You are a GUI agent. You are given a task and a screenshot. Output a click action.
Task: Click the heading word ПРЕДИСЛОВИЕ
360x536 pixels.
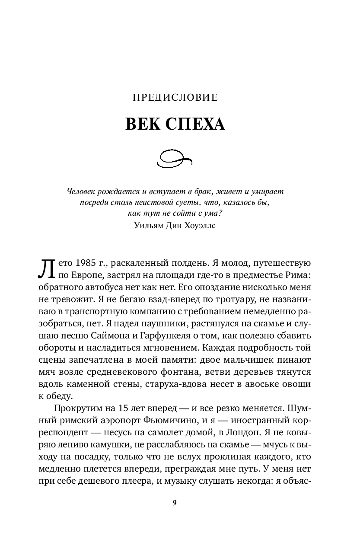click(x=175, y=98)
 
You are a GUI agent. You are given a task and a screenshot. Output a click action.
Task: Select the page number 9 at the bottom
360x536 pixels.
click(x=175, y=502)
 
